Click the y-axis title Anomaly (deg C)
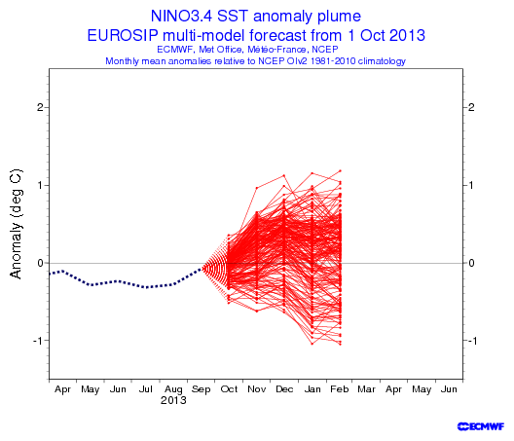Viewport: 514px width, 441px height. [16, 224]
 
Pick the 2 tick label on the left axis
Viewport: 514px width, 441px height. [40, 107]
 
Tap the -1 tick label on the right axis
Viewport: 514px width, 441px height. [472, 341]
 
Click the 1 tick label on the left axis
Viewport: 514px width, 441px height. [41, 185]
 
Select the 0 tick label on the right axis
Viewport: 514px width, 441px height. [471, 263]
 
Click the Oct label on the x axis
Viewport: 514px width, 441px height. [229, 389]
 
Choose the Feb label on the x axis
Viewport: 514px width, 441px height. [340, 389]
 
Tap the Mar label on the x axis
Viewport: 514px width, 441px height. [366, 389]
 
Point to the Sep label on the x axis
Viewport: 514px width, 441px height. [201, 389]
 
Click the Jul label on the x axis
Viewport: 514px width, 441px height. [146, 389]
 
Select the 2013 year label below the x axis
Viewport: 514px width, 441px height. [173, 400]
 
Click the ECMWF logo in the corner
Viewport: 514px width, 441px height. [481, 426]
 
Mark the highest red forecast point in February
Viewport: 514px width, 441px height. [341, 170]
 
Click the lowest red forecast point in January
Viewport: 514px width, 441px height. [312, 344]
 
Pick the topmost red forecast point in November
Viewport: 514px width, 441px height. [257, 188]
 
